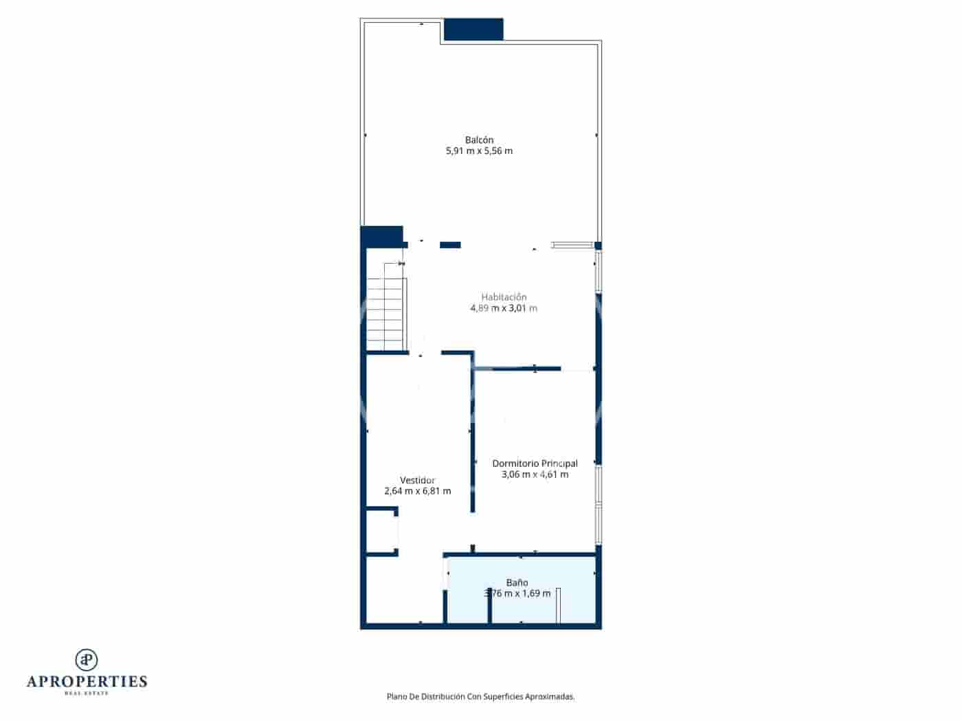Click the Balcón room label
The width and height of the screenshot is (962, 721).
tap(479, 140)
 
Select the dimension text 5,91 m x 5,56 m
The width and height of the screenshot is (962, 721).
tap(479, 151)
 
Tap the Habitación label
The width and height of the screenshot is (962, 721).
tap(504, 297)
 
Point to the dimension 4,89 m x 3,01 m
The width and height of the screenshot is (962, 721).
tap(504, 308)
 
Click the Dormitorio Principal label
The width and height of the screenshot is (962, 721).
tap(535, 463)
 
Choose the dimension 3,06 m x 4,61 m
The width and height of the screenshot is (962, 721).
tap(535, 474)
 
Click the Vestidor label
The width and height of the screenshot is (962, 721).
tap(417, 480)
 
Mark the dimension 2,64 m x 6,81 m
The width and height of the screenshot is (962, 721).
tap(417, 491)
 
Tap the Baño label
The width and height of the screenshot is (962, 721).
tap(517, 582)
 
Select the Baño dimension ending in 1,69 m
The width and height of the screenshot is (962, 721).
tap(518, 593)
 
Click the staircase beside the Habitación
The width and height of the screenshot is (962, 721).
tap(385, 308)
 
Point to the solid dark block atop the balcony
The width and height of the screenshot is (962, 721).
tap(473, 30)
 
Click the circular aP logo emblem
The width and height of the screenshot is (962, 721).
tap(87, 659)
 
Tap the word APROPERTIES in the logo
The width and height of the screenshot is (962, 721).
tap(87, 681)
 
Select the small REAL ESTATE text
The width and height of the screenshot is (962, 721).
tap(87, 694)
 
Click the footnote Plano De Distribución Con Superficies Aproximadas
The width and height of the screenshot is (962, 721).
tap(480, 696)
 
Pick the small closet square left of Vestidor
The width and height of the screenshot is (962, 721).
tap(381, 531)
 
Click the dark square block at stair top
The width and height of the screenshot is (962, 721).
tap(381, 236)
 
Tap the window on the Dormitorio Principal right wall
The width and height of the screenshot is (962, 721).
tap(599, 505)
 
